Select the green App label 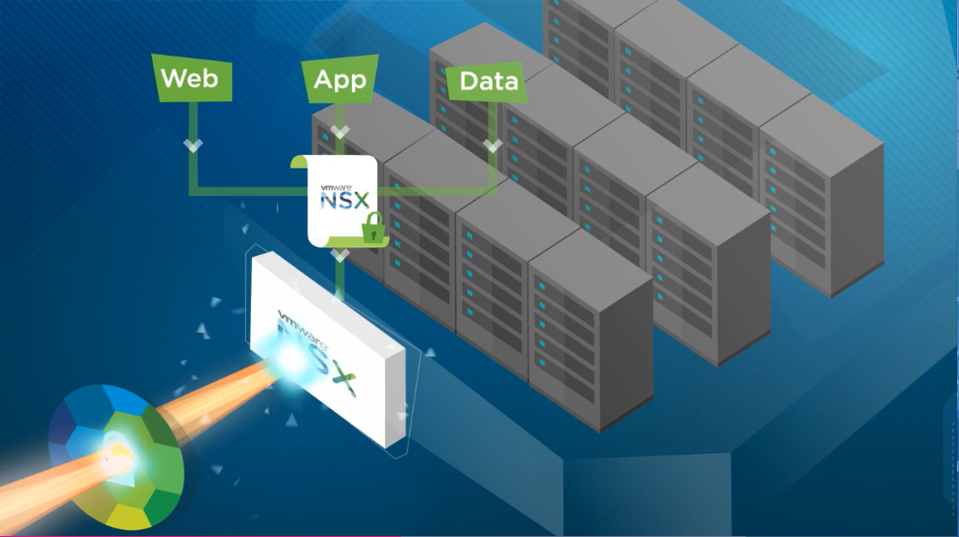pyautogui.click(x=339, y=80)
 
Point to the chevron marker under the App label pyautogui.click(x=340, y=132)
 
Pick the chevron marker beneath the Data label pyautogui.click(x=492, y=147)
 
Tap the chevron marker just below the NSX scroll pyautogui.click(x=340, y=255)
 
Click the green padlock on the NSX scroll pyautogui.click(x=372, y=229)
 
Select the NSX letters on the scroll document pyautogui.click(x=344, y=200)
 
